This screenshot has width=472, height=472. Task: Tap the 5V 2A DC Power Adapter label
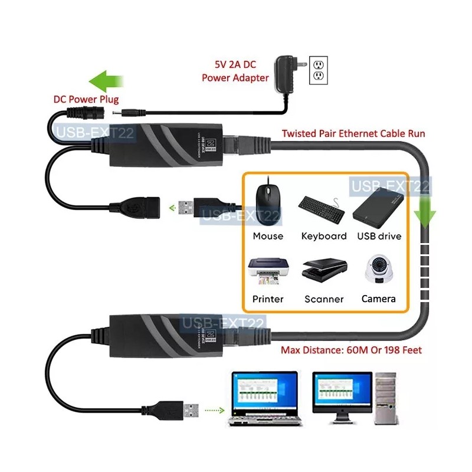236,71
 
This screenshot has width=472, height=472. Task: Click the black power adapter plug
287,74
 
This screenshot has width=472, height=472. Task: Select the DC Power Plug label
86,99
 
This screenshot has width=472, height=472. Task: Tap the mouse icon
267,204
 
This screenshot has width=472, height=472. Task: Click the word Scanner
324,299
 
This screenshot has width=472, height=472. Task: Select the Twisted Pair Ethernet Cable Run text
353,134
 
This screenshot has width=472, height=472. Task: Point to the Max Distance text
351,350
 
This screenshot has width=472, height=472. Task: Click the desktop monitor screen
342,393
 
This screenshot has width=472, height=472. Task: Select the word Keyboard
324,236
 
